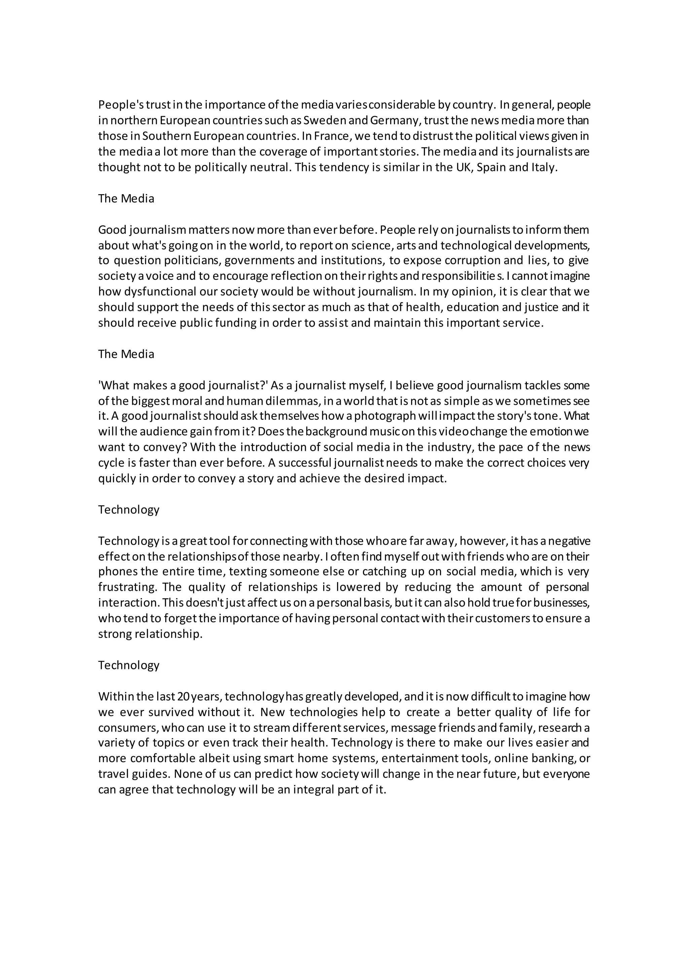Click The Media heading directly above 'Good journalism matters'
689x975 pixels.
(x=126, y=199)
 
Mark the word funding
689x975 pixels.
(x=235, y=323)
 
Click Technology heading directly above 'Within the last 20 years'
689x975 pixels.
(x=129, y=665)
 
